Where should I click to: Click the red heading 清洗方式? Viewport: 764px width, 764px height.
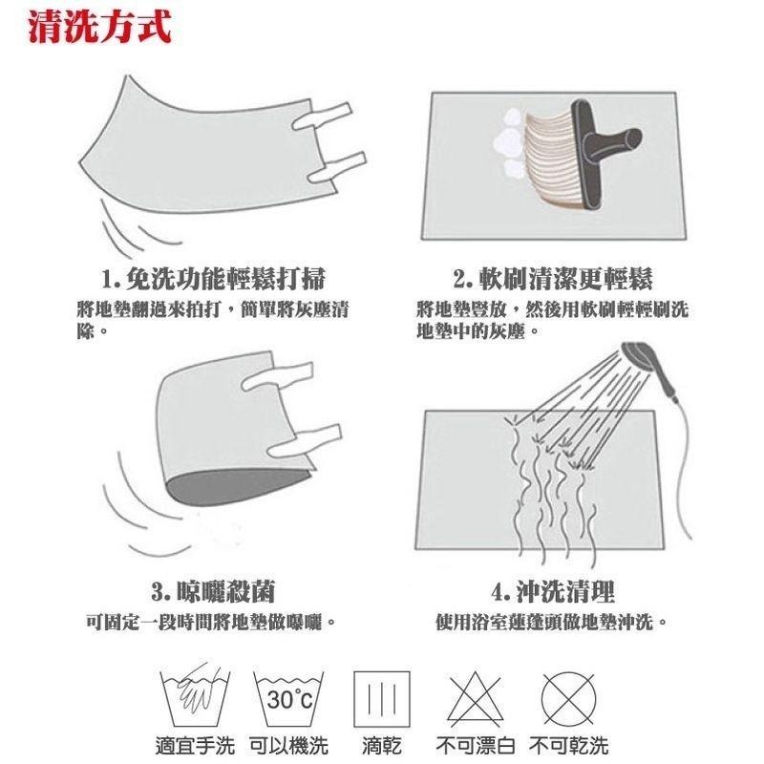[100, 27]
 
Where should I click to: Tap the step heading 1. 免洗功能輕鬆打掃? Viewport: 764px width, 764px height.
[213, 279]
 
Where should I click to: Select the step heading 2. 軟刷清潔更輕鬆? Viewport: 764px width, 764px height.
[553, 279]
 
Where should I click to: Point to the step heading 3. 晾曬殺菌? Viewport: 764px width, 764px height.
[213, 591]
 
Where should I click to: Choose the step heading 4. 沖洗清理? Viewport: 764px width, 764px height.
[553, 591]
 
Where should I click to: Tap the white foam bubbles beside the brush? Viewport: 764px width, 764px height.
[509, 141]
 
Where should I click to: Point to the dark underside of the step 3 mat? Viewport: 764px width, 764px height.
[239, 487]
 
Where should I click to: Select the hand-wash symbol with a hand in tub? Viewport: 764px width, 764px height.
[195, 697]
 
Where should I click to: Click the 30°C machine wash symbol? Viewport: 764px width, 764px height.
[288, 699]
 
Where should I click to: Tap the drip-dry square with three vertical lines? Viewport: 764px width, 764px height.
[381, 699]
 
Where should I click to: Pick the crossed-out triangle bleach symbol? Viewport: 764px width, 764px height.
[475, 698]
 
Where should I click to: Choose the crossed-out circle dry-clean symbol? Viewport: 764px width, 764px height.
[568, 698]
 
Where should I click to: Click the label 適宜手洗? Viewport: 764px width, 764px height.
[195, 746]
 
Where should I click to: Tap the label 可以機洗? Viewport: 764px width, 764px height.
[288, 746]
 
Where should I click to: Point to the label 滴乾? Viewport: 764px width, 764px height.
[381, 746]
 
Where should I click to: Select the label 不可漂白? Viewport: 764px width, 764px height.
[475, 746]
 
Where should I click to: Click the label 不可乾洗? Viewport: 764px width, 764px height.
[568, 746]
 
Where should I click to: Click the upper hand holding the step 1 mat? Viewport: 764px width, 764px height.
[322, 116]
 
